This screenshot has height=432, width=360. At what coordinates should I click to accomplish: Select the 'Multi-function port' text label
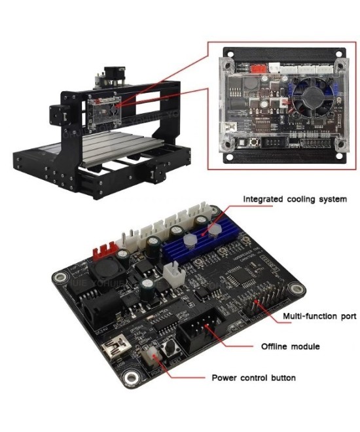tap(319, 317)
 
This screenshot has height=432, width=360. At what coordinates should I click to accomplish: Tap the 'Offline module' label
tap(290, 346)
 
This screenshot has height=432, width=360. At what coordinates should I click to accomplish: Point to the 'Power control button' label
tap(253, 378)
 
